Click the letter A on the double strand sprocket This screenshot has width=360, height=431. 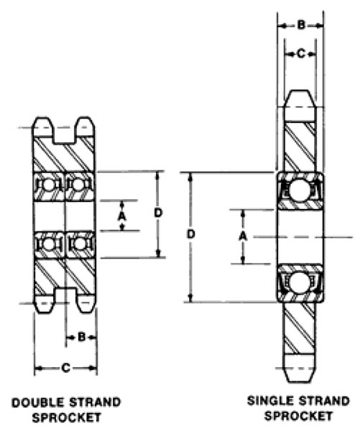point(122,215)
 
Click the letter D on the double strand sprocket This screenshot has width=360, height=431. point(158,213)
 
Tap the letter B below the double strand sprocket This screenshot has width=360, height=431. point(82,335)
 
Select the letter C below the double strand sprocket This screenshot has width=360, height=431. point(65,369)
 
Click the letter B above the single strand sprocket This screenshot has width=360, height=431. point(301,25)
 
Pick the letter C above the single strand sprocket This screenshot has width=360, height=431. point(301,52)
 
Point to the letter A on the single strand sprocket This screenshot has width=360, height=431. point(243,236)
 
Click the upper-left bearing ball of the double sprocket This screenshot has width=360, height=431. point(50,185)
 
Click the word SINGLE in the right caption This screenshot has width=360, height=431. point(265,401)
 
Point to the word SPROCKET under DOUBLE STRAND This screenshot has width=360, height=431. point(65,416)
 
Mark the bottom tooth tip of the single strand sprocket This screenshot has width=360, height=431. point(301,378)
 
